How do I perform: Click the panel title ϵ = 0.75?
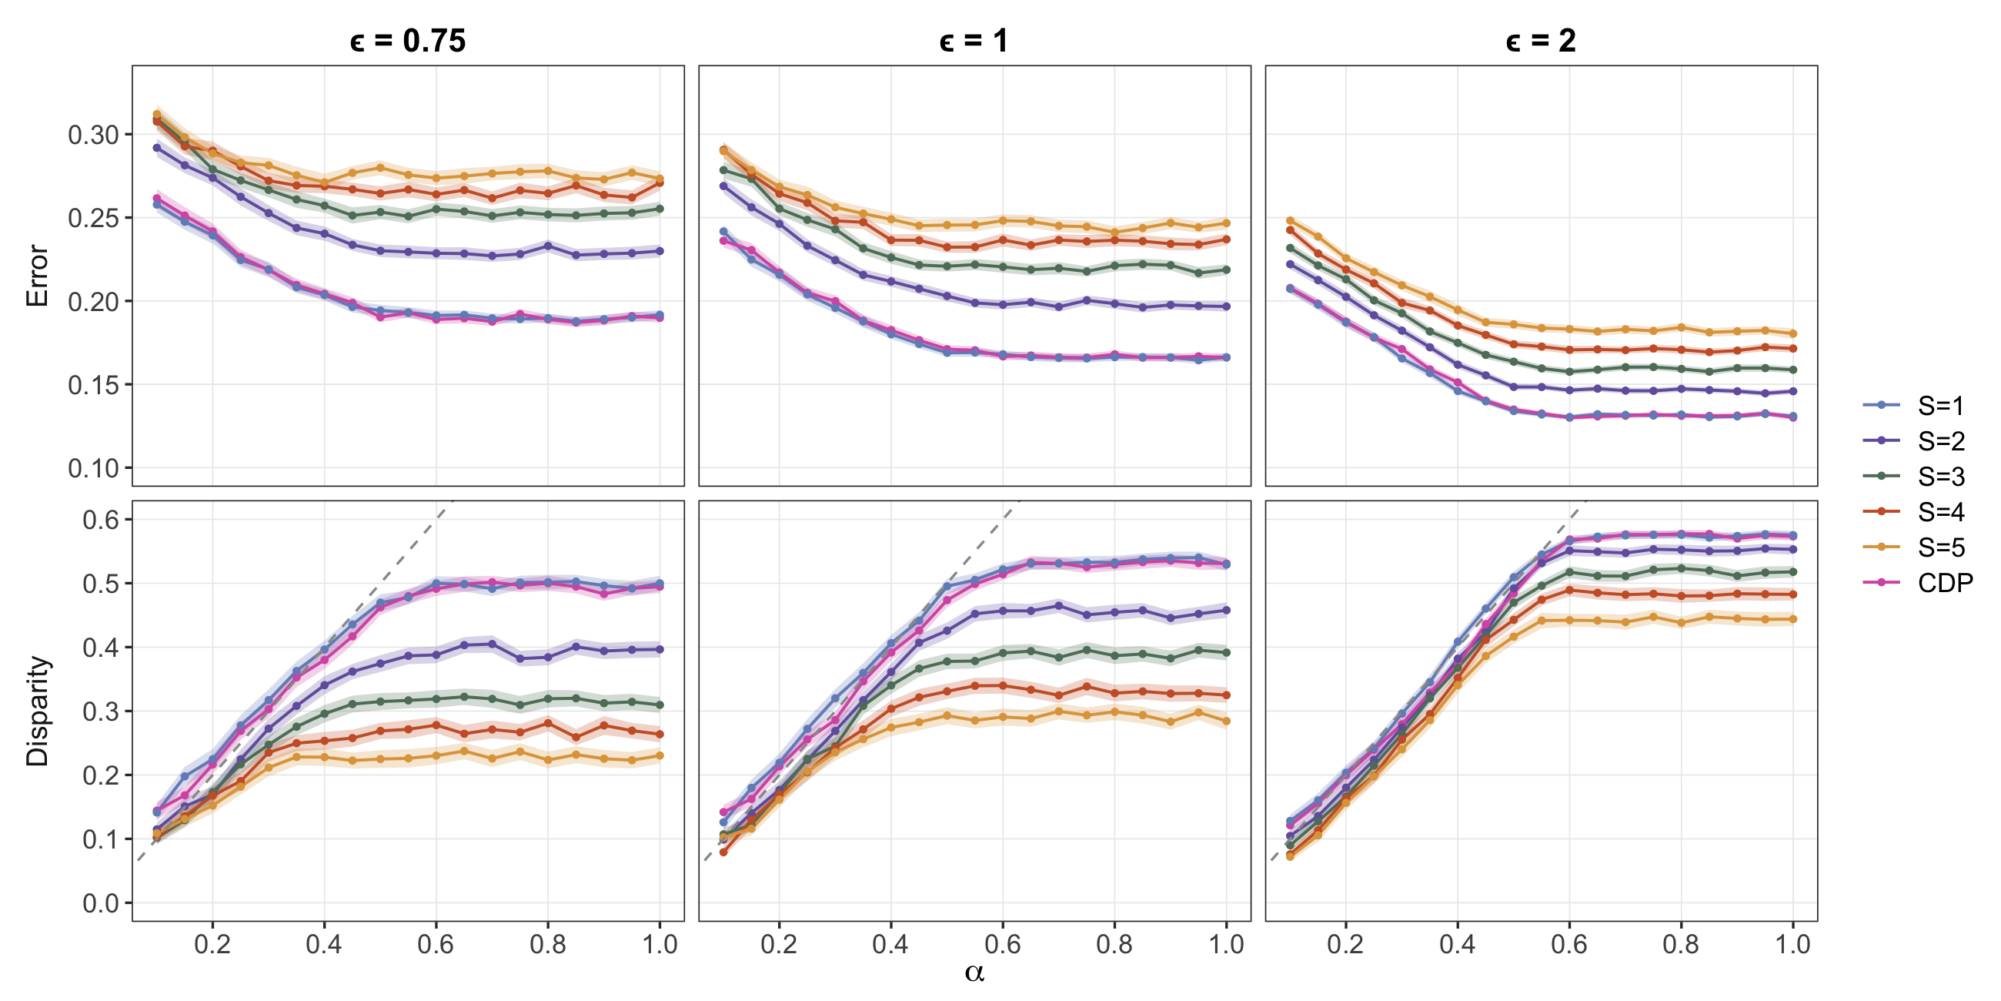(x=408, y=40)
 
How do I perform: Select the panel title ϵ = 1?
(x=974, y=40)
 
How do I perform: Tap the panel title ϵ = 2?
(x=1540, y=40)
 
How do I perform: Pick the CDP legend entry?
(x=1918, y=582)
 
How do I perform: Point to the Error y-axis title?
(x=36, y=276)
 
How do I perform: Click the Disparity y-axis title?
(x=36, y=711)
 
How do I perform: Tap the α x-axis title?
(x=974, y=973)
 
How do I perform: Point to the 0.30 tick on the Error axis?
(x=93, y=135)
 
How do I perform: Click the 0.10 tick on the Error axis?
(x=93, y=468)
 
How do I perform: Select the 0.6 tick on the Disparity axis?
(x=101, y=519)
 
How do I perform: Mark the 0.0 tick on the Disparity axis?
(x=101, y=903)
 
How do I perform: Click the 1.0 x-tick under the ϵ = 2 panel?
(x=1793, y=944)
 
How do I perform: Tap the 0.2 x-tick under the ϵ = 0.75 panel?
(x=212, y=944)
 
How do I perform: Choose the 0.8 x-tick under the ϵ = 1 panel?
(x=1114, y=944)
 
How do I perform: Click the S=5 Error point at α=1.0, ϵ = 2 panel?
(x=1793, y=333)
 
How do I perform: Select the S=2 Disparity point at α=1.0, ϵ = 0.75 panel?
(x=660, y=649)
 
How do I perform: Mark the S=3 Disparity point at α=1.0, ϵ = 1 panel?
(x=1227, y=653)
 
